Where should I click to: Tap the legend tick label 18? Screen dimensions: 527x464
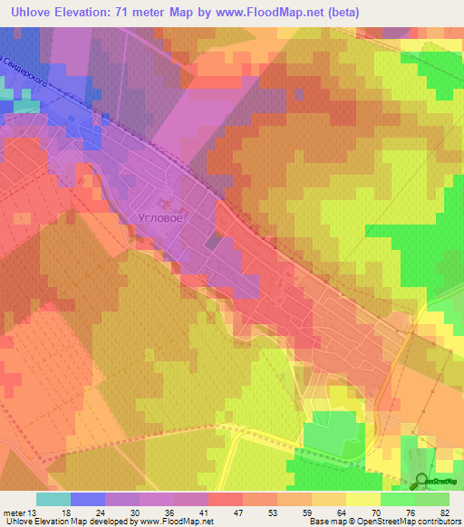[x=66, y=512]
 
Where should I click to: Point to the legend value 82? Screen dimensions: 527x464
[x=443, y=512]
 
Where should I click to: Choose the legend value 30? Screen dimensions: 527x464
[x=135, y=512]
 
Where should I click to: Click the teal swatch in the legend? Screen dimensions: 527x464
[x=53, y=499]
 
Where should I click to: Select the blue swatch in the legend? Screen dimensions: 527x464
[x=87, y=499]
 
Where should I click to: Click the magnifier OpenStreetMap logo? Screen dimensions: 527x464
[x=421, y=481]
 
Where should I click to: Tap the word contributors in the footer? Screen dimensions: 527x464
[x=440, y=522]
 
